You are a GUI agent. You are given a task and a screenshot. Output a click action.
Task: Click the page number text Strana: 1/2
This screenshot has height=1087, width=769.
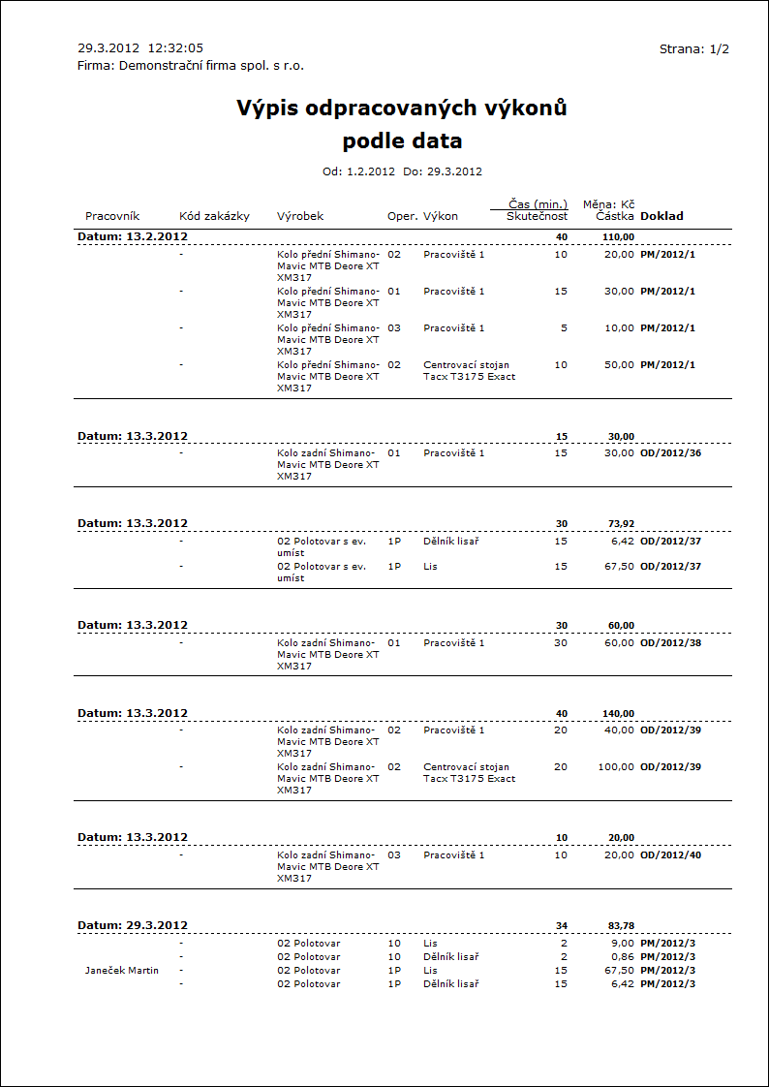(693, 48)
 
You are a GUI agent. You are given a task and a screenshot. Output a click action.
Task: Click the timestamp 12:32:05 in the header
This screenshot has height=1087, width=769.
(175, 47)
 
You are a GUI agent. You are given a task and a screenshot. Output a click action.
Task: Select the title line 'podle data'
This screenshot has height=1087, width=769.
(402, 141)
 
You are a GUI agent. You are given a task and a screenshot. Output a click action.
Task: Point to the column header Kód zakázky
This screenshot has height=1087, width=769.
(215, 216)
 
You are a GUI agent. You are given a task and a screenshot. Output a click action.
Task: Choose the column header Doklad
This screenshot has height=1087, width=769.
(661, 216)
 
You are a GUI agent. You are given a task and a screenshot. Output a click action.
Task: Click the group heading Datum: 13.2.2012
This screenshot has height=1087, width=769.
(133, 236)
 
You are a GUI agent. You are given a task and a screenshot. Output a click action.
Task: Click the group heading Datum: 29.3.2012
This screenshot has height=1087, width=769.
(133, 925)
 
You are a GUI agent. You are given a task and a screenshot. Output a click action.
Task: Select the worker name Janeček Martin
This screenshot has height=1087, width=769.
(122, 971)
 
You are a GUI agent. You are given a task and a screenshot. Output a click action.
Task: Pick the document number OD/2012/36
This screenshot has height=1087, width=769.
(670, 453)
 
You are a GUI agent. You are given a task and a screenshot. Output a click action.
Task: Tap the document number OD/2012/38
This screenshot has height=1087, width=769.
(670, 643)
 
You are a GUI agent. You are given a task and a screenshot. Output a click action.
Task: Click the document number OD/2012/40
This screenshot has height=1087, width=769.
(670, 855)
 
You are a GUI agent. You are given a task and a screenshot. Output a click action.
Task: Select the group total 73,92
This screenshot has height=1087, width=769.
(621, 524)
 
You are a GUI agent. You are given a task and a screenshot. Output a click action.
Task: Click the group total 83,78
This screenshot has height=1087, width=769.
(621, 926)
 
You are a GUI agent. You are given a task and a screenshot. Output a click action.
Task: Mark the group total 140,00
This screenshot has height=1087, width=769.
(618, 714)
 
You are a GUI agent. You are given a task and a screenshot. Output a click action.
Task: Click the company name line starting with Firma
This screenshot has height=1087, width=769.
(191, 66)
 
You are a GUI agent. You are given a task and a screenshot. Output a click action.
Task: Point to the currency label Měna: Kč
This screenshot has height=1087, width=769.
(608, 204)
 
